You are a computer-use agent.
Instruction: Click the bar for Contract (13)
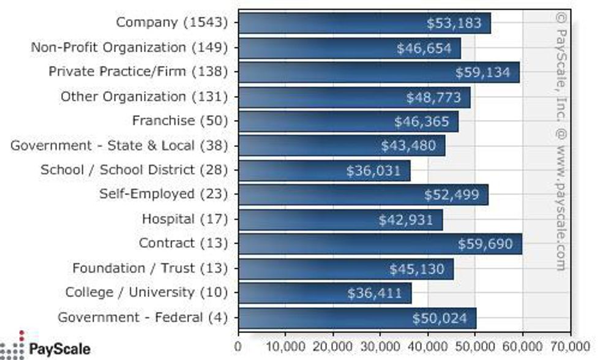tap(380, 244)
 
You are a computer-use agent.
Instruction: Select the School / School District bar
tap(324, 170)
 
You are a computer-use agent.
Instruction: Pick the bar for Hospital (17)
tap(340, 219)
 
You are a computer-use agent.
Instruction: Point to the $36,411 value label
tap(375, 293)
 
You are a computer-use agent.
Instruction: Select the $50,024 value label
tap(440, 318)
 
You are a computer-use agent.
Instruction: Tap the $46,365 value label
tap(422, 121)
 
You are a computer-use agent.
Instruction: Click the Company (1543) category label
tap(171, 23)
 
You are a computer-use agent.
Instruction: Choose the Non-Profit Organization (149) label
tap(129, 47)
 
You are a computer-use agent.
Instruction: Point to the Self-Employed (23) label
tap(163, 194)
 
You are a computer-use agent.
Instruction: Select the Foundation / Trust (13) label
tap(150, 268)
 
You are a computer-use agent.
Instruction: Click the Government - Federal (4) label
tap(143, 317)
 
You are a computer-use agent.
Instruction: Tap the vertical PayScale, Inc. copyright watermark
tap(560, 141)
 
